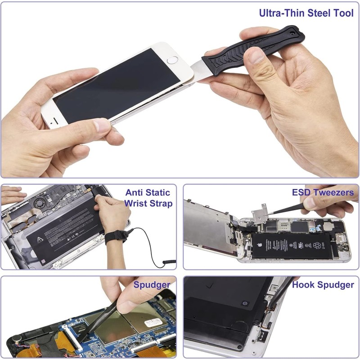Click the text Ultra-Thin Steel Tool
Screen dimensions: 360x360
coord(306,13)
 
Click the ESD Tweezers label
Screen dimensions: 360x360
coord(323,193)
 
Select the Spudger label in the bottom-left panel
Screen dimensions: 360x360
coord(152,284)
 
